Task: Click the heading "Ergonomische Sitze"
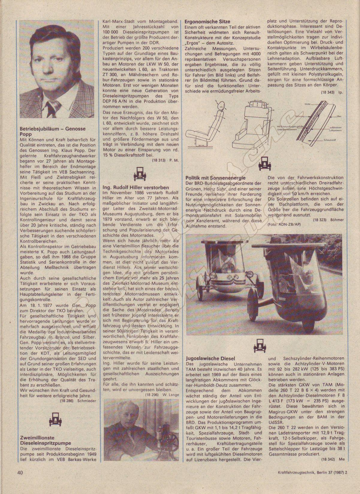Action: point(207,22)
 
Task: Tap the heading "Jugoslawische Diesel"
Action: point(210,358)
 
